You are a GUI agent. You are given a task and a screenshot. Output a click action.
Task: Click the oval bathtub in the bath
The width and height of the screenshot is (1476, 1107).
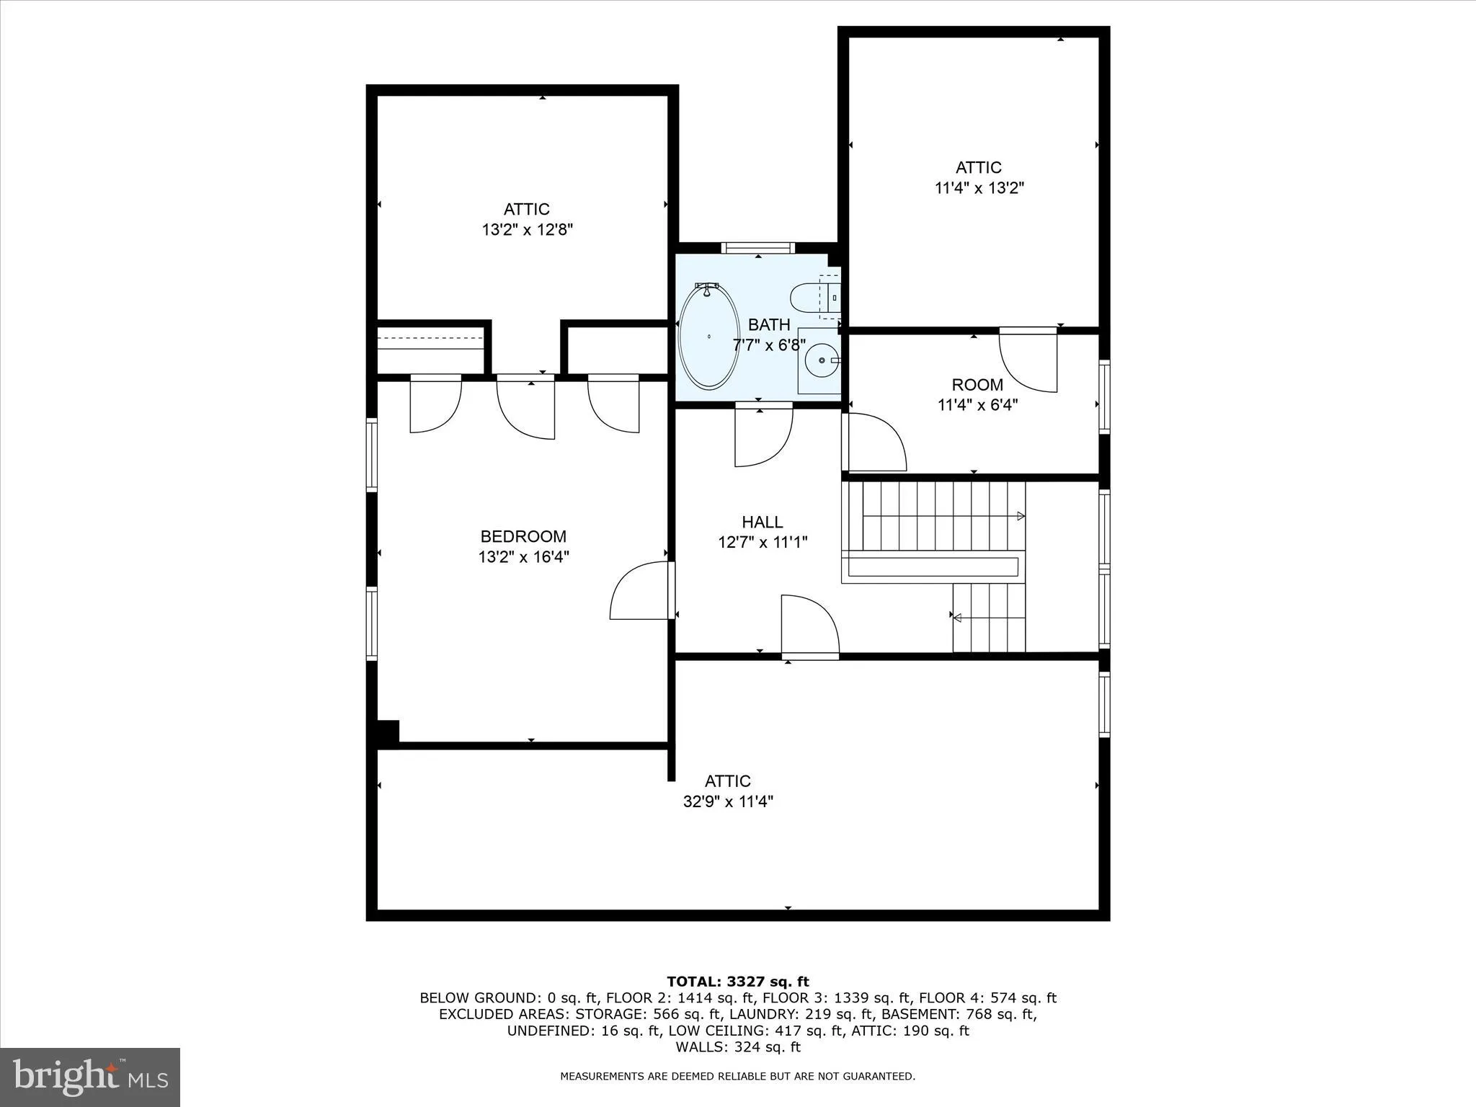coord(709,336)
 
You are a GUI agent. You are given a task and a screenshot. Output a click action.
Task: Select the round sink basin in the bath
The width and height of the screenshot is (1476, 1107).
coord(822,360)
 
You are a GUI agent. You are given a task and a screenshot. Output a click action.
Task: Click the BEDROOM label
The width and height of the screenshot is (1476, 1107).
coord(523,536)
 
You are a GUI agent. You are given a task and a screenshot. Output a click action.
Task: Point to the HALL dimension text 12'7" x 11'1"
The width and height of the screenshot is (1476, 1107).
coord(763,542)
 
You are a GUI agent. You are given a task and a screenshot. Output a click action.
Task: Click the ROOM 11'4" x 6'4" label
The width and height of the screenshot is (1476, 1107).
coord(977,394)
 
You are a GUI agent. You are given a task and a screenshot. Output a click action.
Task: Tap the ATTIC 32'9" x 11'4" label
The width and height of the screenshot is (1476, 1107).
coord(728,791)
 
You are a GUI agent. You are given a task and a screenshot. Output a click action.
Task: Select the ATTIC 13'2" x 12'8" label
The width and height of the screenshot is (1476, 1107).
coord(527,219)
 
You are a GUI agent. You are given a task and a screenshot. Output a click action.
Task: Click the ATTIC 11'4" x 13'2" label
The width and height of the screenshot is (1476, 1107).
coord(979,177)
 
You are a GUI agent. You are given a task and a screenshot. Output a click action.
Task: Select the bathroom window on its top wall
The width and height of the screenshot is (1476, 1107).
coord(757,248)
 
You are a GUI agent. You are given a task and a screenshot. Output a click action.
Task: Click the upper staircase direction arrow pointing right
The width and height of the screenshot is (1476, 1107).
coord(1021,516)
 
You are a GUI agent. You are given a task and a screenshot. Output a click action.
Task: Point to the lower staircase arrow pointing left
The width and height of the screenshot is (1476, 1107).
coord(958,618)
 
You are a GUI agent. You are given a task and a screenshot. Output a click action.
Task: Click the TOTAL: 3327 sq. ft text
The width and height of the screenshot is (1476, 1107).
coord(737,982)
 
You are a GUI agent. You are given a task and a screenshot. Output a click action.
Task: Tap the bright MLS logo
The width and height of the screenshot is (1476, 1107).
coord(90,1077)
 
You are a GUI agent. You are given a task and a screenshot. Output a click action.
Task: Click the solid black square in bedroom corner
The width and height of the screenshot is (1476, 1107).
coord(388,732)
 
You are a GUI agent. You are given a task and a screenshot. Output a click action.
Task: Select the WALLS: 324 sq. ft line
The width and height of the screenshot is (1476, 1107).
coord(737,1047)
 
